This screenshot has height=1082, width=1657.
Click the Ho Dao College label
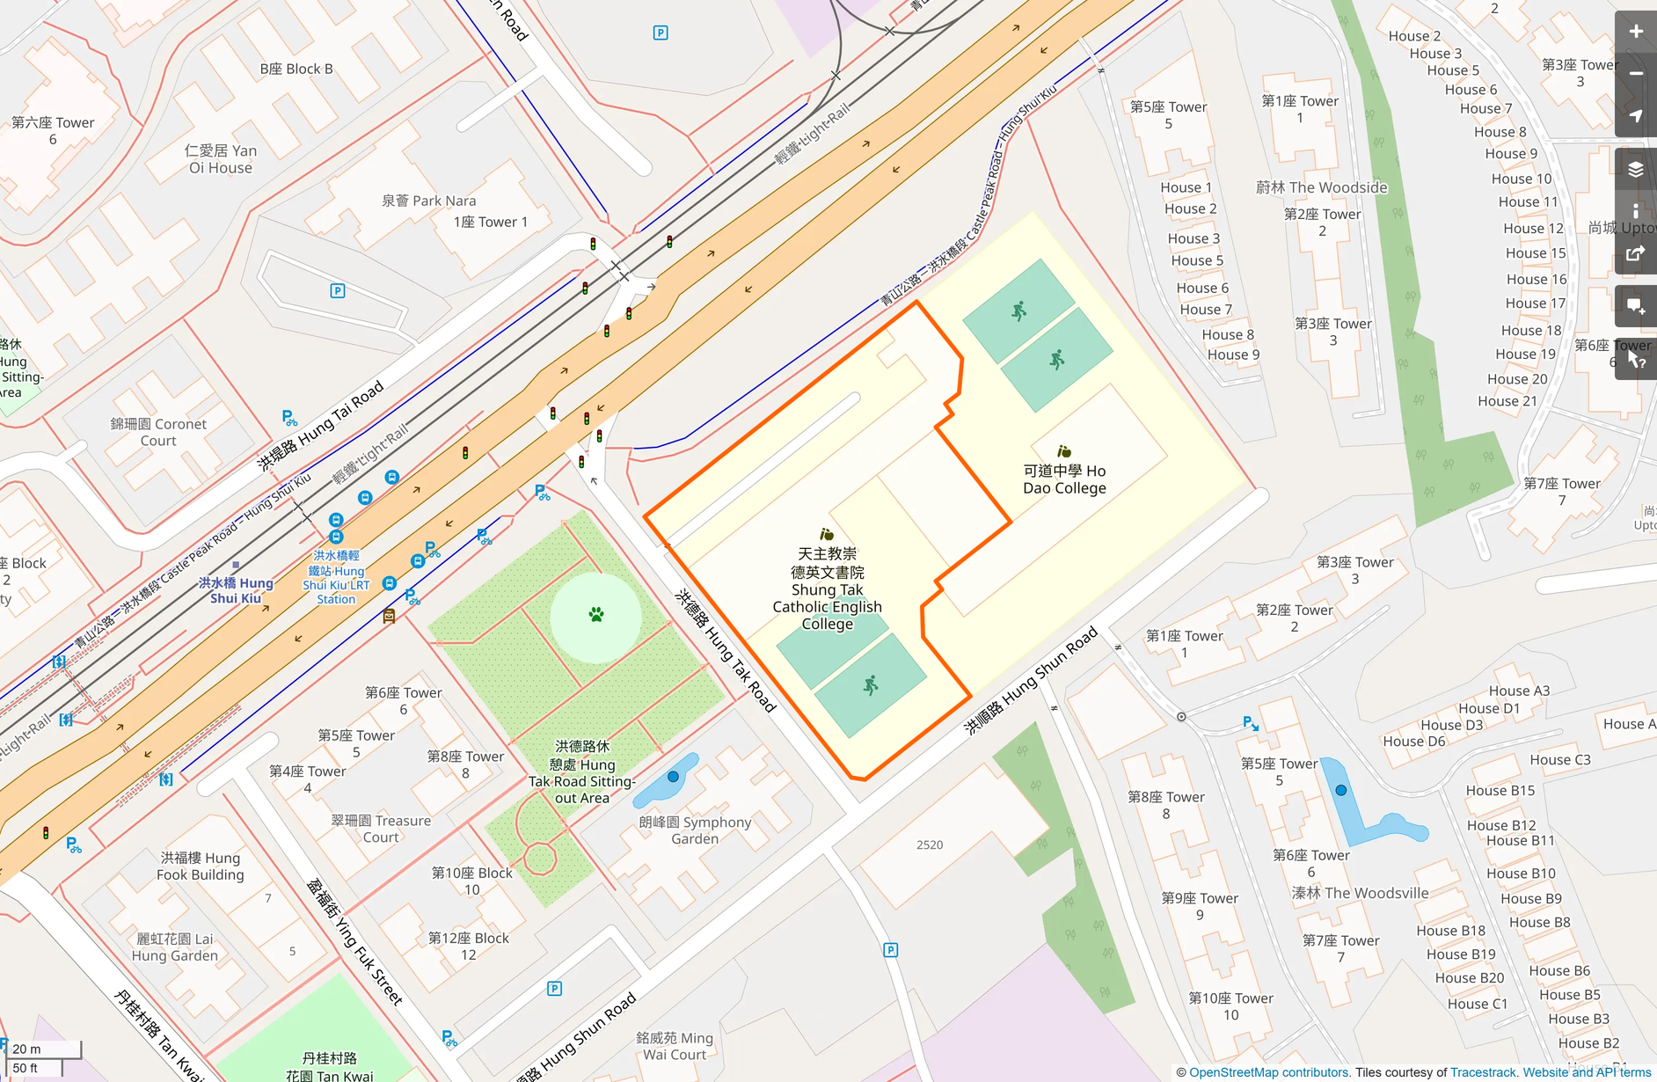(1064, 479)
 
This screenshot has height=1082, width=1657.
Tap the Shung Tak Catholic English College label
(827, 589)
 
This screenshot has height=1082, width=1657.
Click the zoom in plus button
(1635, 32)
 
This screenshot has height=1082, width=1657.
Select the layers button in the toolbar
(1635, 169)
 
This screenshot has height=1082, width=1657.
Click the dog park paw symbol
(596, 615)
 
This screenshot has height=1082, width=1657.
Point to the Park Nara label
(428, 201)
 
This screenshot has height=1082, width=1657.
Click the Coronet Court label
(158, 432)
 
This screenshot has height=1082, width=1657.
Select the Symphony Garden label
(695, 830)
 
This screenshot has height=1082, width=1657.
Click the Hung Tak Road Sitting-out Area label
(581, 772)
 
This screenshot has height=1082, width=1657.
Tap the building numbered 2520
(930, 844)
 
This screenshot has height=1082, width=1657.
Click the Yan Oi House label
(221, 159)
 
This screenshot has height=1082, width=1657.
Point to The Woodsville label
(1360, 893)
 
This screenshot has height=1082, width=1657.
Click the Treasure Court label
(381, 829)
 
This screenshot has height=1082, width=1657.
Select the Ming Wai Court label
(675, 1046)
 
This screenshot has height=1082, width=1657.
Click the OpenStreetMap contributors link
(1268, 1072)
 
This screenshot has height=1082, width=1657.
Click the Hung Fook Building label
(201, 866)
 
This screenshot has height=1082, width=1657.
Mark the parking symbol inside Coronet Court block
(337, 290)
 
